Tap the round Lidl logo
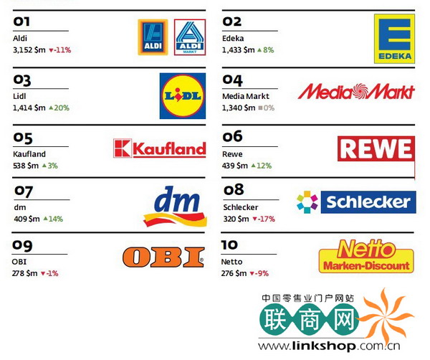click(x=182, y=95)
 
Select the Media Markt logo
click(x=356, y=91)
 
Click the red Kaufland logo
click(x=159, y=148)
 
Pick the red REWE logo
click(x=375, y=148)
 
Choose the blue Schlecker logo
click(x=356, y=202)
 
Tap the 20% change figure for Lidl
click(x=60, y=108)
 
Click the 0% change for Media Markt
click(x=269, y=108)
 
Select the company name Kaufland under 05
click(x=29, y=154)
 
